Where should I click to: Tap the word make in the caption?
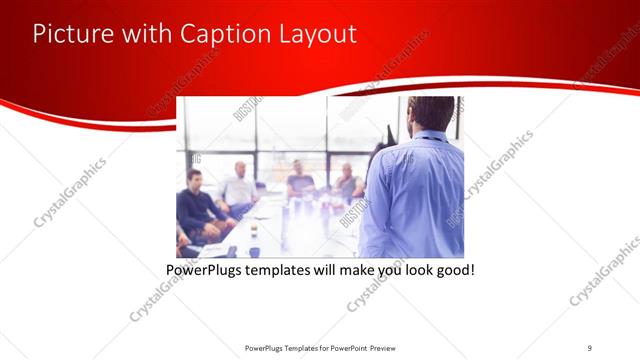[364, 270]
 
